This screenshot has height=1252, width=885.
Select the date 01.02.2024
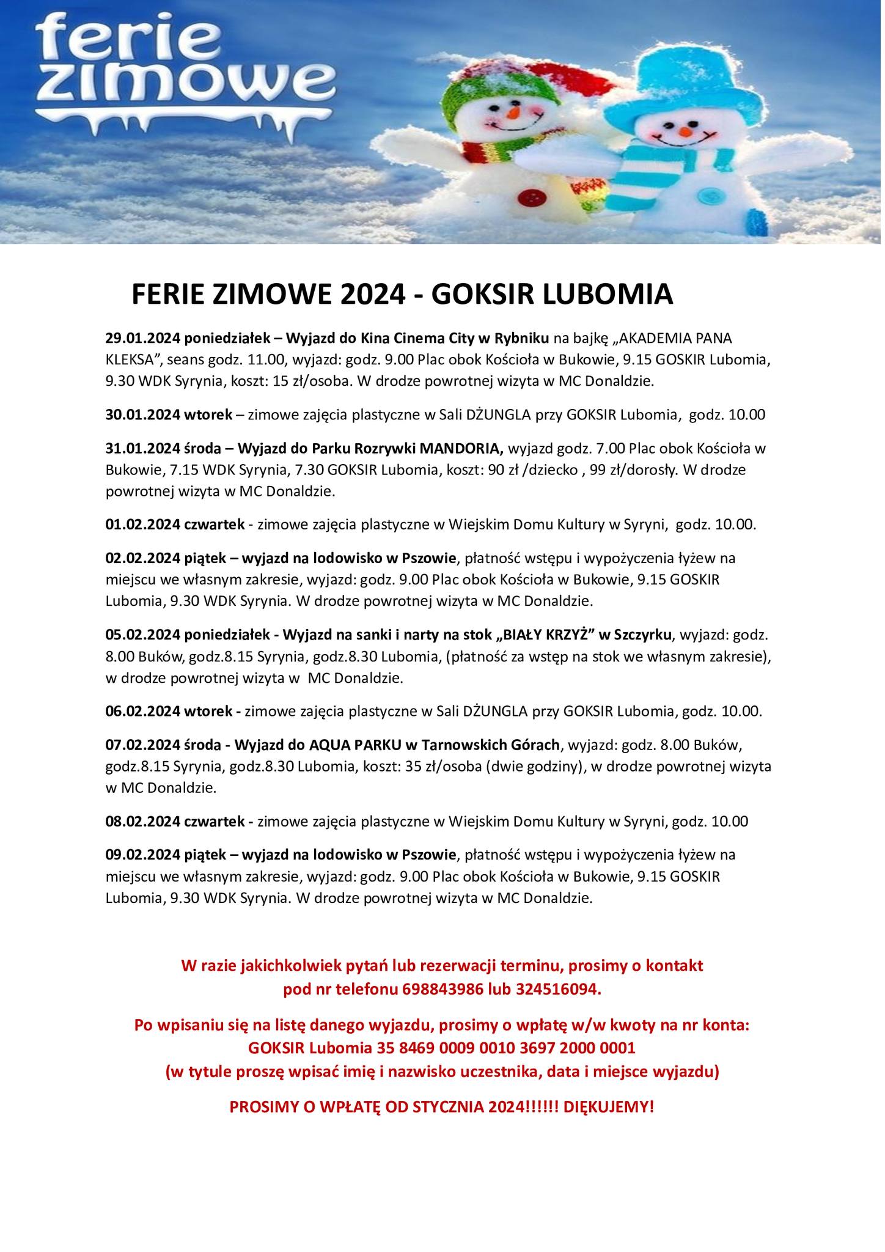[142, 525]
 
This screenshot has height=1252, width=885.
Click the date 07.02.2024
[142, 745]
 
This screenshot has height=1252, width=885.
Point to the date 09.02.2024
[142, 855]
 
